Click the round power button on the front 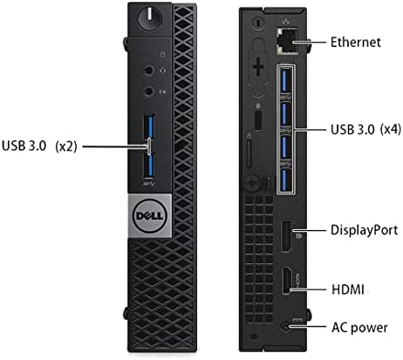coord(150,18)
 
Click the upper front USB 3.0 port coord(149,126)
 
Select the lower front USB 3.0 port coord(149,165)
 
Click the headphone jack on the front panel coord(149,71)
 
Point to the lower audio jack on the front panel coord(149,92)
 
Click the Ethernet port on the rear coord(287,40)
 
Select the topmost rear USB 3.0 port coord(286,80)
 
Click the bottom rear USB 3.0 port coord(286,180)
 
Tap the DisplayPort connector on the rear coord(287,235)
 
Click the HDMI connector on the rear coord(287,281)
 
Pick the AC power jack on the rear coord(286,327)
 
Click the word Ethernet coord(356,42)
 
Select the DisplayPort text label coord(365,230)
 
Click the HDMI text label coord(348,289)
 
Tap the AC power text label coord(359,328)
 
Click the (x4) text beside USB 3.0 coord(391,129)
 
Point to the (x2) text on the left coord(66,146)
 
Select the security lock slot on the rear coord(258,119)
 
